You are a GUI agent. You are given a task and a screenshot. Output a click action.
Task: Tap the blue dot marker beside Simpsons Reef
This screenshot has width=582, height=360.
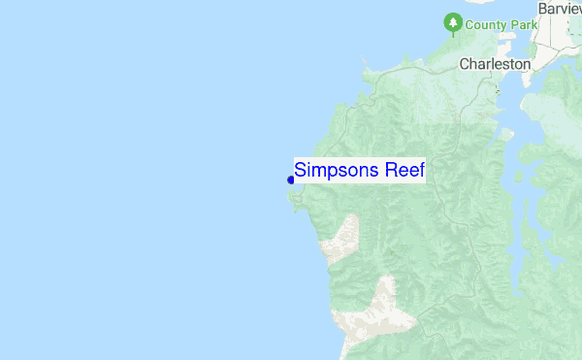tap(291, 179)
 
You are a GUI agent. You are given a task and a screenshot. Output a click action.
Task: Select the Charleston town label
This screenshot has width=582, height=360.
tap(495, 64)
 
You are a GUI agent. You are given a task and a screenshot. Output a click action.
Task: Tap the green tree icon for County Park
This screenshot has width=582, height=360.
tap(452, 21)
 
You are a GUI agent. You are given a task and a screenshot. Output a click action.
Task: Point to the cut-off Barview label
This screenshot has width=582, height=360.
tap(560, 7)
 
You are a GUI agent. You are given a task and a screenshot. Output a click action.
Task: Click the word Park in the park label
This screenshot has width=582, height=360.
tap(516, 23)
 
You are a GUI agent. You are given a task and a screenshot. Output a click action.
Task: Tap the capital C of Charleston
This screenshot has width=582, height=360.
tap(464, 64)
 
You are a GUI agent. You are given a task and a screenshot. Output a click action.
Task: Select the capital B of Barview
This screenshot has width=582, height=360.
tap(543, 7)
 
